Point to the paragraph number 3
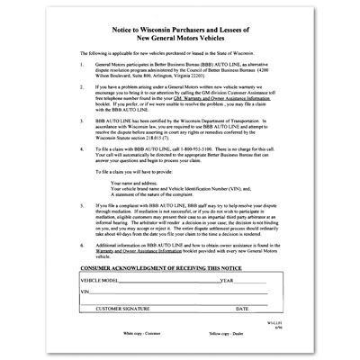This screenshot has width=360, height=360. pos(82,142)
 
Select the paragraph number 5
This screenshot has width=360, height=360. pos(82,230)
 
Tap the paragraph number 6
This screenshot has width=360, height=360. pos(82,269)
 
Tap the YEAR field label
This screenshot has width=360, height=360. pos(227,306)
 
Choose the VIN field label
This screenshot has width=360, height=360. pos(86,318)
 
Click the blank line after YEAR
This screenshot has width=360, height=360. pos(257,308)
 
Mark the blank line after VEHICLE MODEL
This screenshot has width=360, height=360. pos(171,308)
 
